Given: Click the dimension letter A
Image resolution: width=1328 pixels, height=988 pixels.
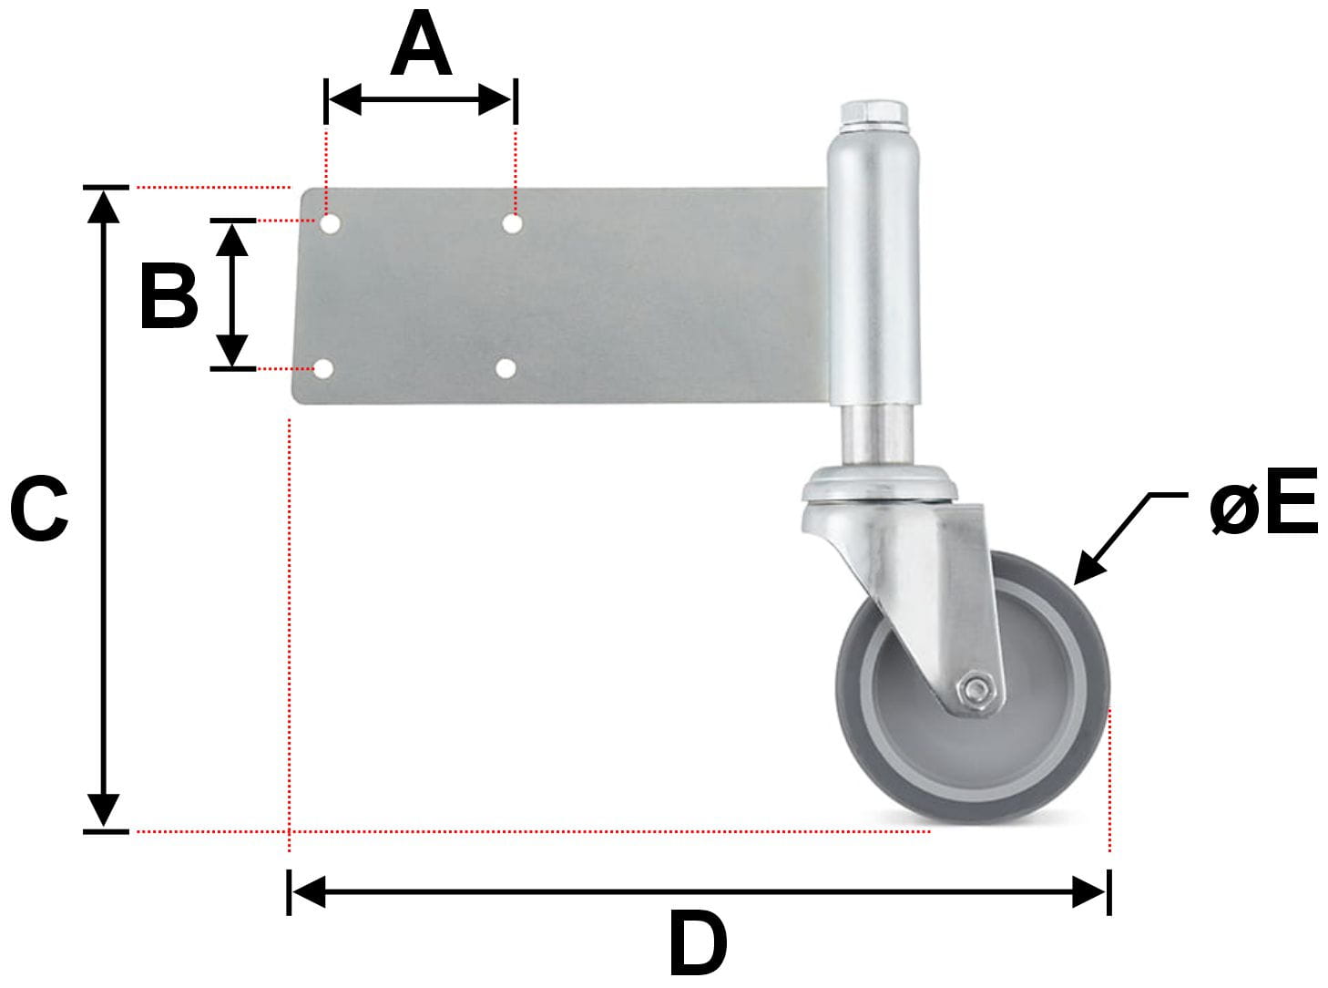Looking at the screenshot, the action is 421,43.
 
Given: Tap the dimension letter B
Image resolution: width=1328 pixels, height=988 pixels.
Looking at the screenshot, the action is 169,296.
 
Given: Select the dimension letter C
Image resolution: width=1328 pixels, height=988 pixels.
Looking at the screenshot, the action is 39,509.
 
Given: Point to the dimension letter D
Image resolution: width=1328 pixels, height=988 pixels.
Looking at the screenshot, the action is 698,943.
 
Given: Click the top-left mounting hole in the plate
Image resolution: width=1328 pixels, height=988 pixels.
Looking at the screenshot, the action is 330,224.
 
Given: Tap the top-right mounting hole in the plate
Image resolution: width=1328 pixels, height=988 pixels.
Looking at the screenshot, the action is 512,223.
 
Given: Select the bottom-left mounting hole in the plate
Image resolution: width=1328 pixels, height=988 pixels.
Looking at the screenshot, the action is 323,369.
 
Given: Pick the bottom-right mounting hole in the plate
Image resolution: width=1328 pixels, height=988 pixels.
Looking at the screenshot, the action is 506,368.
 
